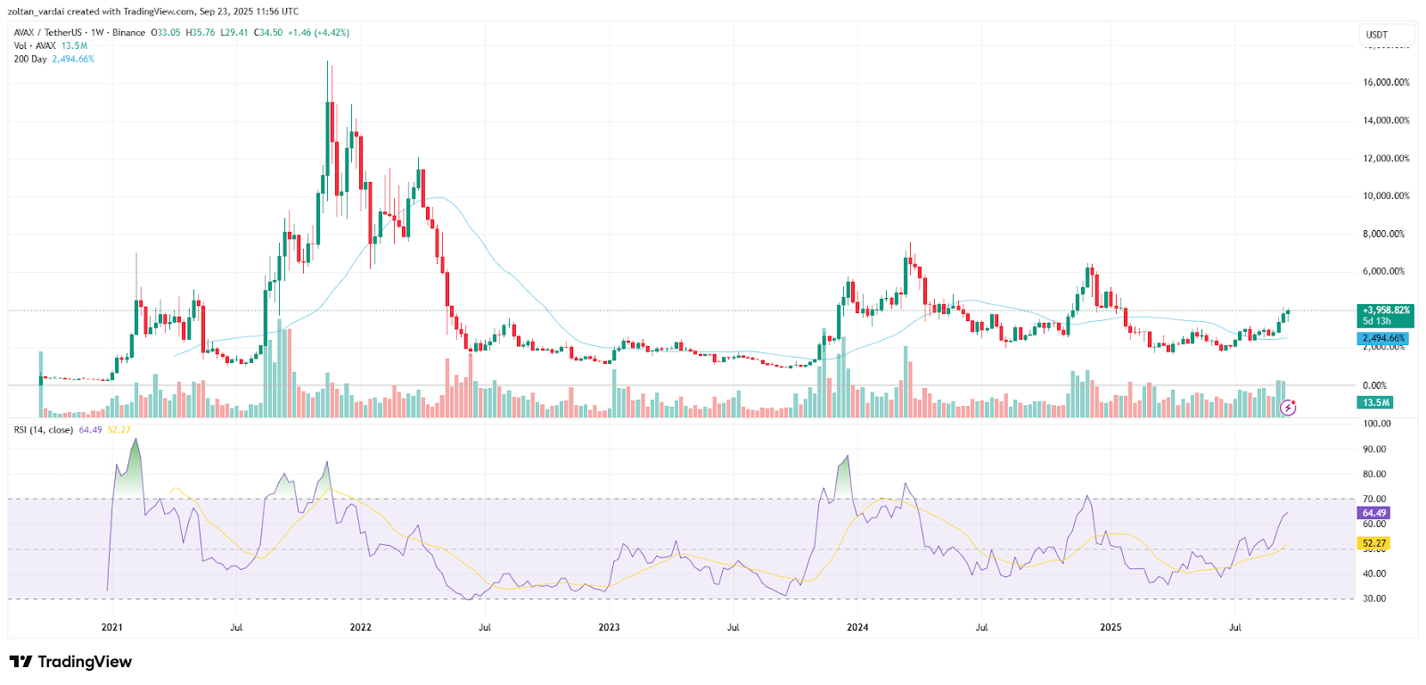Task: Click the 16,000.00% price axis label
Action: [1386, 82]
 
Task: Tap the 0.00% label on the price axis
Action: [1374, 385]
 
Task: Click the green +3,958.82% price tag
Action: [1386, 310]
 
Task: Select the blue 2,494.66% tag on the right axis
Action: [1383, 339]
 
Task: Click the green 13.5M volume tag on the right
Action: [1375, 402]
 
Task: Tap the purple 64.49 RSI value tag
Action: [1373, 513]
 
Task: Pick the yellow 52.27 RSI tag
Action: [1373, 543]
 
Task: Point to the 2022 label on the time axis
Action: [360, 627]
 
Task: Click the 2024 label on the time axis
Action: [857, 627]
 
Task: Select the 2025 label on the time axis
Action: [1110, 627]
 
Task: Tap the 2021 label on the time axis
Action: [111, 627]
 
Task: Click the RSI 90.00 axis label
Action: [1374, 450]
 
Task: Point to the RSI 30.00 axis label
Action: [1374, 598]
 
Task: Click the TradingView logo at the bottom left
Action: [70, 662]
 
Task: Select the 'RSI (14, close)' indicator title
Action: [43, 430]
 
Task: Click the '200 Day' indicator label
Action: [30, 59]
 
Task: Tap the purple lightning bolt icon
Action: [1288, 408]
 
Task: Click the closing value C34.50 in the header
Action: [268, 33]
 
